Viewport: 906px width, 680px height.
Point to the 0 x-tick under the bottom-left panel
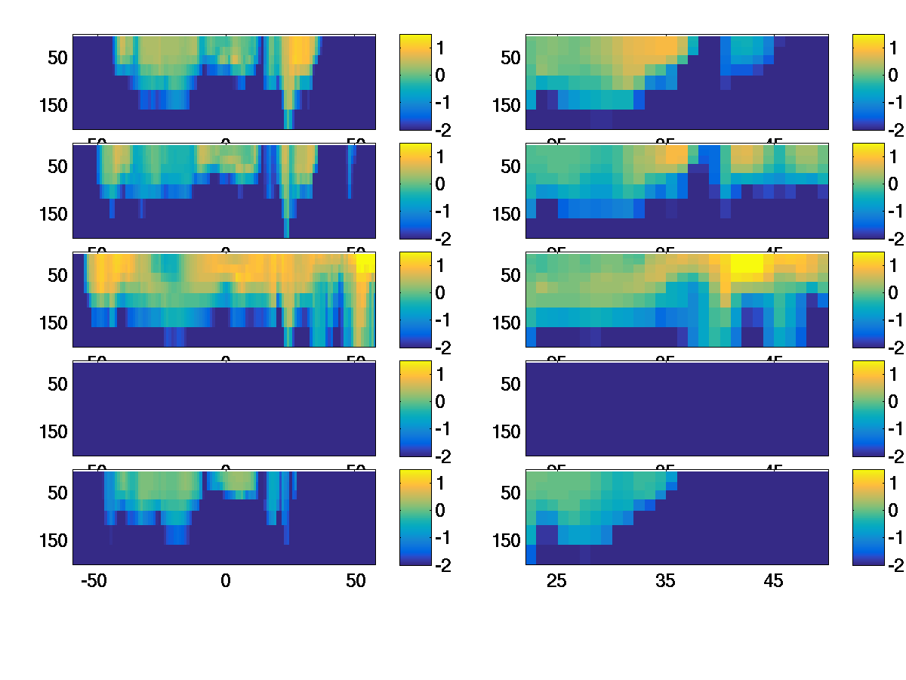coord(225,581)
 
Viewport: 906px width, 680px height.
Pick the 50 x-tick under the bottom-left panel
coord(356,581)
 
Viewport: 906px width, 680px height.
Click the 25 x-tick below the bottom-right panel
coord(556,581)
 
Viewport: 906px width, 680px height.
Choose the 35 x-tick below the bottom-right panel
coord(665,581)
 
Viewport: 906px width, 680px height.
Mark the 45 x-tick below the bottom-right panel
coord(773,581)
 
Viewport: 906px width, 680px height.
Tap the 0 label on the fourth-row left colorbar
coord(439,401)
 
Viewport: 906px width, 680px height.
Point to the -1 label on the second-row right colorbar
coord(894,211)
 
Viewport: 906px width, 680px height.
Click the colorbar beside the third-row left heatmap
coord(414,299)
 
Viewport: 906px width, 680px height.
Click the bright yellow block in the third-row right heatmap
coord(747,266)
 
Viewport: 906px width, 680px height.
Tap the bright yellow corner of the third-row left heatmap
coord(365,262)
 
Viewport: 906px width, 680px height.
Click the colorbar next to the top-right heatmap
coord(867,82)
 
